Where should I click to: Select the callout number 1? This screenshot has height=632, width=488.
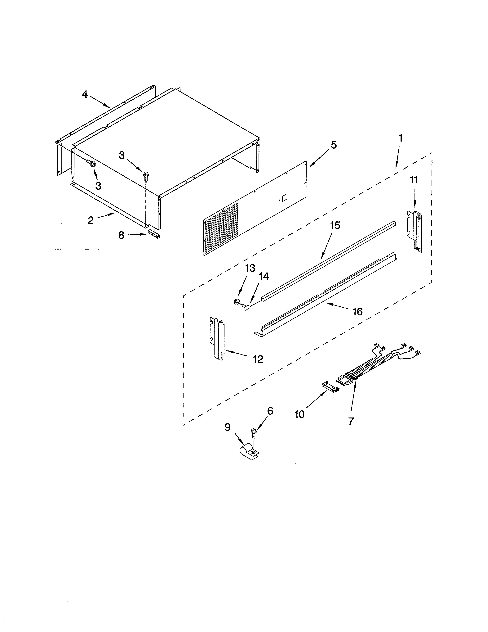pyautogui.click(x=400, y=138)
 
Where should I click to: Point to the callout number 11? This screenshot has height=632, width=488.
pyautogui.click(x=414, y=180)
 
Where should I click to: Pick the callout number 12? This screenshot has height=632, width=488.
pyautogui.click(x=258, y=359)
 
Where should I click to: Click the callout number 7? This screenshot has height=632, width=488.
pyautogui.click(x=351, y=421)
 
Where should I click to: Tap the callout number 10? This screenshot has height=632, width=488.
pyautogui.click(x=299, y=414)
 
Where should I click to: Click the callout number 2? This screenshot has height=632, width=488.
pyautogui.click(x=91, y=220)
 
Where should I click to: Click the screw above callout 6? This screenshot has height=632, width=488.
pyautogui.click(x=254, y=440)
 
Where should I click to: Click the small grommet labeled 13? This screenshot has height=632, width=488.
pyautogui.click(x=236, y=302)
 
